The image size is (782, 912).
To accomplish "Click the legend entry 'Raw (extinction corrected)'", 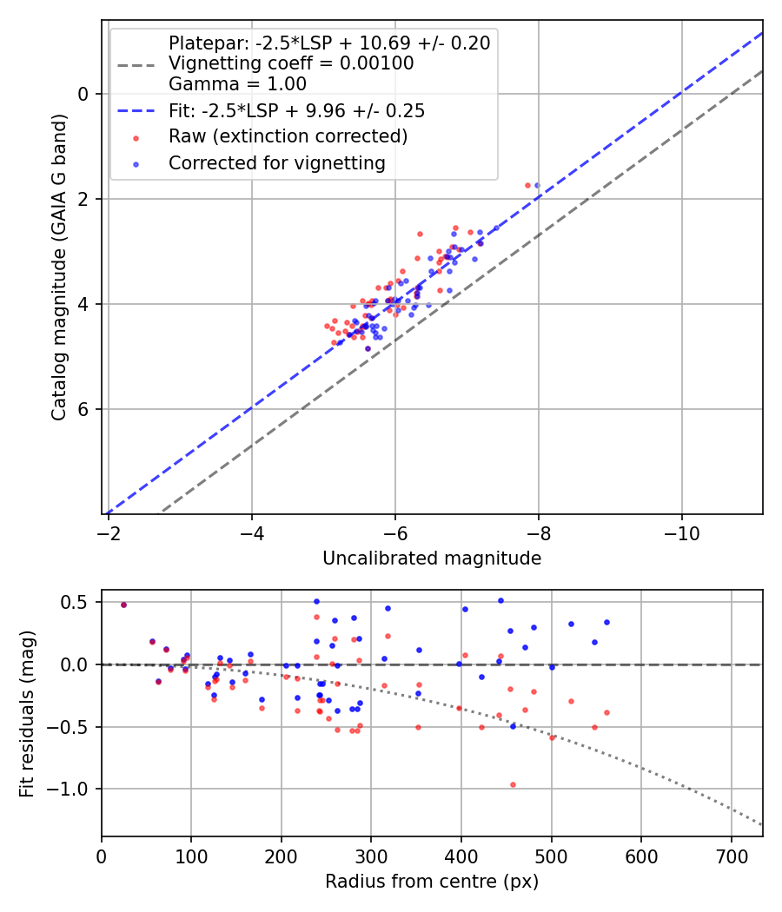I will coord(288,136).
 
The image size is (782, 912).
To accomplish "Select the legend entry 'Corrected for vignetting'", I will coord(276,162).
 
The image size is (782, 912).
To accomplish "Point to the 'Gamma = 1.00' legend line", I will coord(237,84).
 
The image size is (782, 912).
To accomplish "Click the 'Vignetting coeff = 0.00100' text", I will coord(291,63).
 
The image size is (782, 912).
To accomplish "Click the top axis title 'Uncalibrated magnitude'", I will coord(432,558).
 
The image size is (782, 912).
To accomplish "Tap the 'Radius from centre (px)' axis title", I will coord(432,882).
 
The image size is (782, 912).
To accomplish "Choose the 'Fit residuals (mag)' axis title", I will coord(27,714).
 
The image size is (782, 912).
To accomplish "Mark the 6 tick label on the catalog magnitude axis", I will coord(83,409).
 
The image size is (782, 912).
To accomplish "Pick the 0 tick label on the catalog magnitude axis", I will coord(83,94).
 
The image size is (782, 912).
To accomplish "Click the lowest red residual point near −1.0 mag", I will coord(513,784).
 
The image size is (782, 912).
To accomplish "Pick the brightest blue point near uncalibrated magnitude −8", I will coord(537,185).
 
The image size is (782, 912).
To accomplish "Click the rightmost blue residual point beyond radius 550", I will coord(606,622).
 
